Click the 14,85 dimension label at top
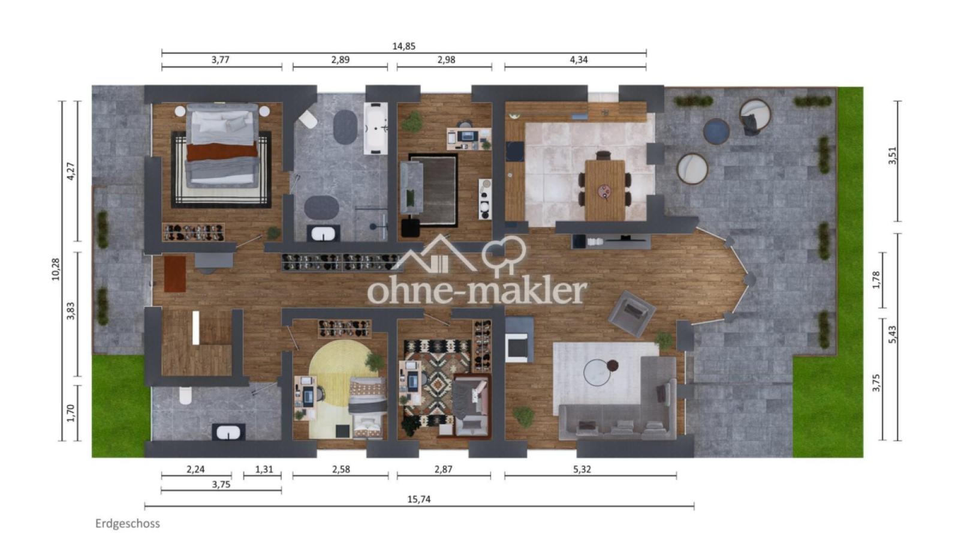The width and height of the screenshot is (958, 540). (403, 46)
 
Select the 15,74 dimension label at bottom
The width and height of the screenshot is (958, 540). (418, 499)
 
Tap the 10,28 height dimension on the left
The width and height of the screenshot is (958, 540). (56, 269)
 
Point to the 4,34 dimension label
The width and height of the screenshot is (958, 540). (579, 60)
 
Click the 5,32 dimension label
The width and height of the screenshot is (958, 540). (582, 469)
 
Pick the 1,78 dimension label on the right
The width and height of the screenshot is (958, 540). (876, 280)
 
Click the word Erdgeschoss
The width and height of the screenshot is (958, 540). (128, 524)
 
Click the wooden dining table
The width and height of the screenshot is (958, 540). (605, 190)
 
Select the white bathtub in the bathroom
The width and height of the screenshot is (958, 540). (375, 128)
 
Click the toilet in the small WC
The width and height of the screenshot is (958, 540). (186, 395)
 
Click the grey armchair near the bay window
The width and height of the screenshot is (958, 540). (632, 313)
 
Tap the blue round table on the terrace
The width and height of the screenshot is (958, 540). (716, 131)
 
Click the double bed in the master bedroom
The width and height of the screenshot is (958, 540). (222, 145)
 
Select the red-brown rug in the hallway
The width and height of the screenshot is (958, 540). (175, 274)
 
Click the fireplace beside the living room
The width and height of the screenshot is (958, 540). (519, 340)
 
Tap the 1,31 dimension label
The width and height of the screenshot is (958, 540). (264, 469)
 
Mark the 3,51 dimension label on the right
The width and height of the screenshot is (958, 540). (892, 155)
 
